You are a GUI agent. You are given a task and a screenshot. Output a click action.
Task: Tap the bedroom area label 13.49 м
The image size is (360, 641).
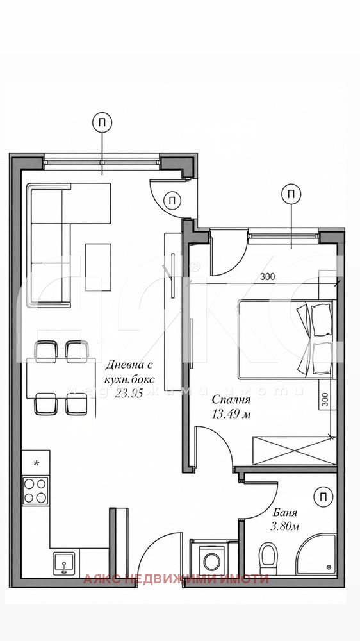[231, 413]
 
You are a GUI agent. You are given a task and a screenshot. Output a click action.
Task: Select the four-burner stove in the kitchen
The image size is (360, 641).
[35, 490]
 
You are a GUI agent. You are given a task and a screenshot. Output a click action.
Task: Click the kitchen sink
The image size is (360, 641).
[64, 563]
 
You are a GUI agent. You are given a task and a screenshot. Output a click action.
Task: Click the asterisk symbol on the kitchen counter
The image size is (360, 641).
[36, 462]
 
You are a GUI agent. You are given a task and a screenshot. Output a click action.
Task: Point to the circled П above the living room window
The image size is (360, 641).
[102, 122]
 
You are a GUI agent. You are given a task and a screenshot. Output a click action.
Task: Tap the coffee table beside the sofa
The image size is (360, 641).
[97, 259]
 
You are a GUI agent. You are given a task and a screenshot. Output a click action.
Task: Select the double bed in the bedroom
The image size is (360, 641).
[285, 339]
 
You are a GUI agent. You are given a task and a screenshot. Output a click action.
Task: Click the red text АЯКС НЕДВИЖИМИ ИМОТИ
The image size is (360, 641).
[176, 579]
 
